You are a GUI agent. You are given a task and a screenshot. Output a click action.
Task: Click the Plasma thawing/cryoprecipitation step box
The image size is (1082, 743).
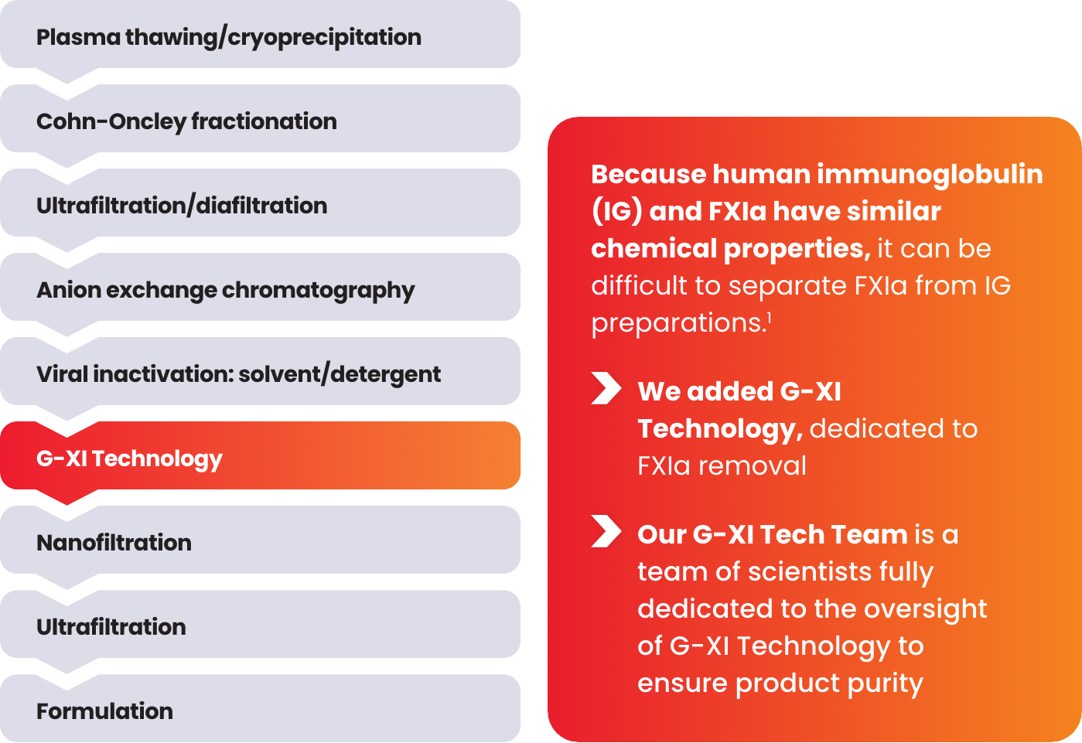pos(261,34)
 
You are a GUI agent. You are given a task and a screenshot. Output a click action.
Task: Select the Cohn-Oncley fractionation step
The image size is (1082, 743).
pos(261,118)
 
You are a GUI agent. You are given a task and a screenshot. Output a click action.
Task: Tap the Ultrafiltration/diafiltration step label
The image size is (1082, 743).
pos(182,206)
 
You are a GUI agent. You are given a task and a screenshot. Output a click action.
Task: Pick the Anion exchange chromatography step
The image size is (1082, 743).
pos(261,287)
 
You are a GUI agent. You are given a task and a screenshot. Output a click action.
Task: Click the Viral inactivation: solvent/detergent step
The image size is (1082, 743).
pos(261,371)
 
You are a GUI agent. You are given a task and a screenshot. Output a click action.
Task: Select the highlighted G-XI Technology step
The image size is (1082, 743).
pos(261,455)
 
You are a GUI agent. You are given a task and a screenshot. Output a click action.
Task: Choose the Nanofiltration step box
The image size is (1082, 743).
pos(261,540)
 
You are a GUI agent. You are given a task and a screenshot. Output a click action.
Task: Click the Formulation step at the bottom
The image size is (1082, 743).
pos(261,708)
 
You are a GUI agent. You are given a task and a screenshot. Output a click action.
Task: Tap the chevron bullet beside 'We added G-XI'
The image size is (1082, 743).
pos(606,388)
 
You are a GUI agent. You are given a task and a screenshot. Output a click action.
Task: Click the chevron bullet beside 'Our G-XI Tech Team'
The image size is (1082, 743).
pos(606,531)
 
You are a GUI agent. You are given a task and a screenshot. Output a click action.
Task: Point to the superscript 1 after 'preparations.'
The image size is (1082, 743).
pos(769,318)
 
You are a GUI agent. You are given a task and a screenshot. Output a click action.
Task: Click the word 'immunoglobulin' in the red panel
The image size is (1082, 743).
pos(930,174)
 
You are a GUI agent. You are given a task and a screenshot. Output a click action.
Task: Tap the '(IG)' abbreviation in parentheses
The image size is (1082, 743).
pos(617,212)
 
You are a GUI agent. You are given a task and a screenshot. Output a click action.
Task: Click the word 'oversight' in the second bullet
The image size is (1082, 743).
pos(926,609)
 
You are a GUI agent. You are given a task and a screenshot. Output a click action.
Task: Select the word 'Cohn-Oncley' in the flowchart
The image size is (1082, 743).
pos(111,121)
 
